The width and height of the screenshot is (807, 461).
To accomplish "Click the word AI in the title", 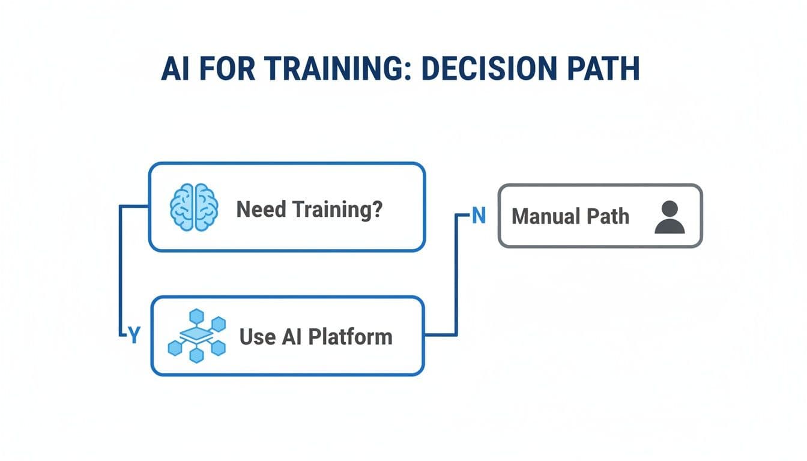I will tap(175, 70).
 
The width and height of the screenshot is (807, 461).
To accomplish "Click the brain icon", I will tap(193, 207).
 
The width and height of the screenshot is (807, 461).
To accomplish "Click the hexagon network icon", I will tap(196, 336).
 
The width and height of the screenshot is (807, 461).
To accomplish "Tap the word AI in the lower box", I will tap(291, 336).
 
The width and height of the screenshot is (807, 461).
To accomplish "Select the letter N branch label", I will tap(479, 216).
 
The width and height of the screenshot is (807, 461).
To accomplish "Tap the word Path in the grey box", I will tap(608, 216).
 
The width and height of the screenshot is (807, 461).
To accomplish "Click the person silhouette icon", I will tap(669, 217).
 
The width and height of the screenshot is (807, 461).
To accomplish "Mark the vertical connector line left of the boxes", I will tap(121, 270).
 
